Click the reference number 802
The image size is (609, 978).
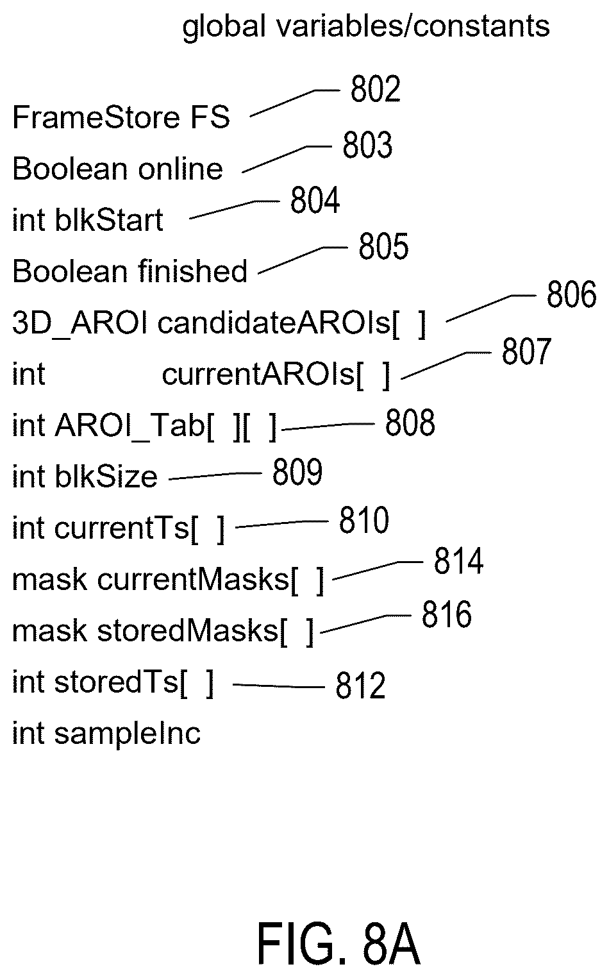[x=376, y=89]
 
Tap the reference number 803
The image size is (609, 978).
[x=367, y=145]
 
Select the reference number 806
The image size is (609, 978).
[x=571, y=295]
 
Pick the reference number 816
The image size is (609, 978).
[x=447, y=614]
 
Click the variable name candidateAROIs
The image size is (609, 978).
[x=274, y=323]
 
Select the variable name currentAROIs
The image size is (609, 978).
[x=258, y=375]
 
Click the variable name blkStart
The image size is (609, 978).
[x=109, y=219]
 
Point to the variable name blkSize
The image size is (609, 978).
[x=106, y=476]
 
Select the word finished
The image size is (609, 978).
[x=192, y=271]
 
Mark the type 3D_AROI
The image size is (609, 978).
[x=79, y=324]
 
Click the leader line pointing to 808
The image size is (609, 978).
[x=328, y=426]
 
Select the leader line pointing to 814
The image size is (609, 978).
[x=378, y=571]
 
